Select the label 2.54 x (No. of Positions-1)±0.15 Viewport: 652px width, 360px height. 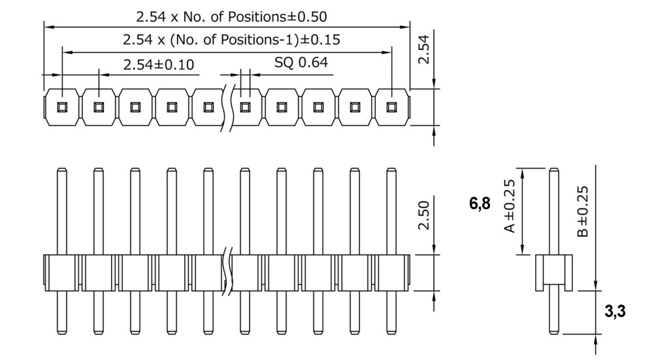(231, 39)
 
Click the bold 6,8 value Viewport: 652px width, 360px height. (480, 204)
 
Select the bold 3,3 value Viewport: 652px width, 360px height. (615, 311)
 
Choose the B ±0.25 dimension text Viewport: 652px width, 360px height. (583, 210)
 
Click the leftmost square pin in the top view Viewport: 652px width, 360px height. (62, 106)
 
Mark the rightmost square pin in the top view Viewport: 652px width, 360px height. (392, 106)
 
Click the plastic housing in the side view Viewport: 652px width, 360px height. (554, 272)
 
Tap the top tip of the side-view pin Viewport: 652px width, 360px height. (554, 171)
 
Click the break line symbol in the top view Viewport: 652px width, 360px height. (229, 106)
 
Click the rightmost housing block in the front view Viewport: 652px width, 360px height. (392, 272)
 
